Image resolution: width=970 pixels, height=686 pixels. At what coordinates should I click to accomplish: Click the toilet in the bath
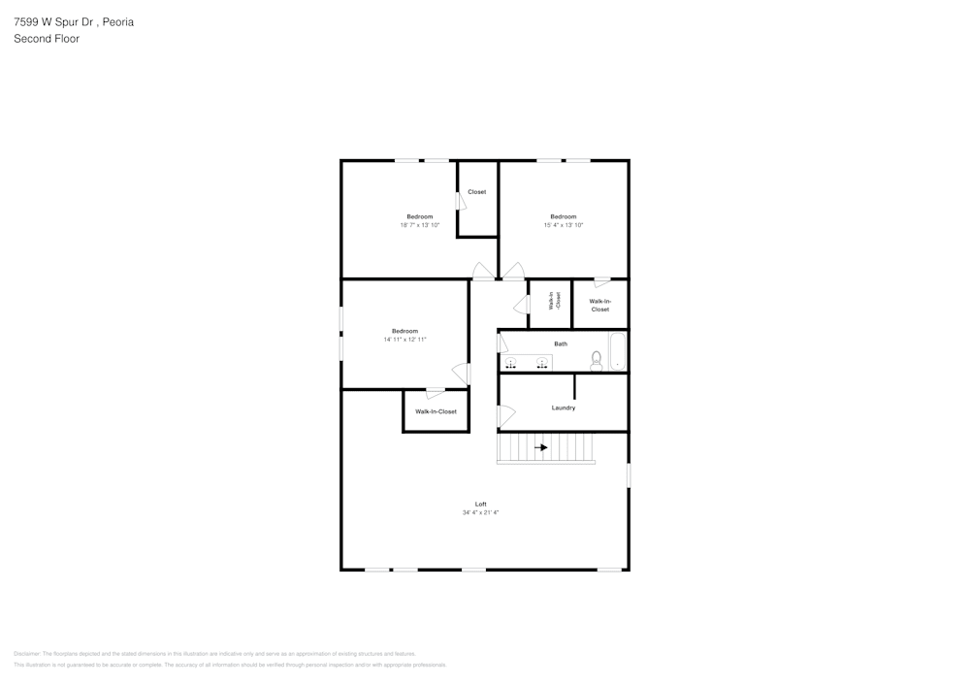pyautogui.click(x=597, y=360)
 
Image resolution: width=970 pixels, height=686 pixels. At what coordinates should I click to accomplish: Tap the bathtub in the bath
pyautogui.click(x=617, y=351)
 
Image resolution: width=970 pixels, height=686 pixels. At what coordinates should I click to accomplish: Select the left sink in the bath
pyautogui.click(x=511, y=363)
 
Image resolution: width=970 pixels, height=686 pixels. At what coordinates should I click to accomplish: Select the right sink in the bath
pyautogui.click(x=541, y=363)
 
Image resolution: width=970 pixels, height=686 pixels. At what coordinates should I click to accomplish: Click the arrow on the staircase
pyautogui.click(x=542, y=447)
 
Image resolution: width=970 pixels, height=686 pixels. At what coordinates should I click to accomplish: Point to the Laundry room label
pyautogui.click(x=564, y=408)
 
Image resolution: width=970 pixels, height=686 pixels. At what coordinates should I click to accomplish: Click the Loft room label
pyautogui.click(x=480, y=504)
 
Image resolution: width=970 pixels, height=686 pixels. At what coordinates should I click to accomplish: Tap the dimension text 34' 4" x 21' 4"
pyautogui.click(x=480, y=512)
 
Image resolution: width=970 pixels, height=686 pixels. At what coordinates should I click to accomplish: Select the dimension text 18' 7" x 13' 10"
pyautogui.click(x=420, y=225)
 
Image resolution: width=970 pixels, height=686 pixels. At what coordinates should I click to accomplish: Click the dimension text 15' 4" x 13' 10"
pyautogui.click(x=564, y=225)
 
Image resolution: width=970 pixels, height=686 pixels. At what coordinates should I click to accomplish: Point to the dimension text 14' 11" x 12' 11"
pyautogui.click(x=404, y=340)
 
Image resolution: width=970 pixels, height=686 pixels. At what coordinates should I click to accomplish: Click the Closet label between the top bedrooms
pyautogui.click(x=477, y=192)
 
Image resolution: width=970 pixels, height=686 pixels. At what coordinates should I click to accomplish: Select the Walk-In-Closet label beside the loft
pyautogui.click(x=436, y=411)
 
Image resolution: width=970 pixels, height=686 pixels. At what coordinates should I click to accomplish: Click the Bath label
pyautogui.click(x=561, y=343)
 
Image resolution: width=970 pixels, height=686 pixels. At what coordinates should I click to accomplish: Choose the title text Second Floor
pyautogui.click(x=47, y=39)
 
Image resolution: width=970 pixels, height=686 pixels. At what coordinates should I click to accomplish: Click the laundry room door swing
pyautogui.click(x=505, y=416)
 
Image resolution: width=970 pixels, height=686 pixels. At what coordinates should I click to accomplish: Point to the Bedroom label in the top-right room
pyautogui.click(x=564, y=216)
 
